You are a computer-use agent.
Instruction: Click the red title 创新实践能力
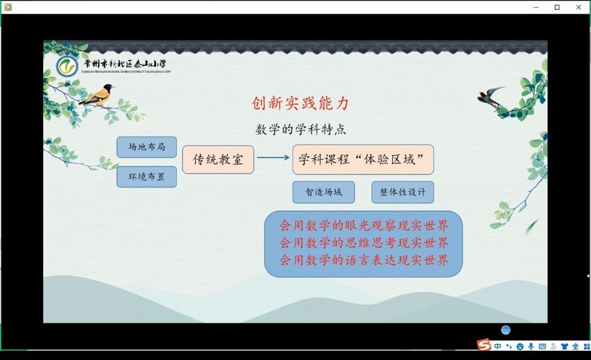[300, 103]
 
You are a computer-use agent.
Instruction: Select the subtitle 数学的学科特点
[300, 129]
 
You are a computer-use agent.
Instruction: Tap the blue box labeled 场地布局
[147, 147]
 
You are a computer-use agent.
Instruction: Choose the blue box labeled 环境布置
[147, 177]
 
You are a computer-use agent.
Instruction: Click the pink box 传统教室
[218, 160]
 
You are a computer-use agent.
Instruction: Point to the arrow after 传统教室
[273, 157]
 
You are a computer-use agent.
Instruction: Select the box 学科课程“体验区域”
[363, 159]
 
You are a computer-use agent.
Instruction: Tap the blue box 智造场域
[324, 192]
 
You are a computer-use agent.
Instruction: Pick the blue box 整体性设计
[402, 192]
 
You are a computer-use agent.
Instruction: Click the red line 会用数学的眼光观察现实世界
[364, 226]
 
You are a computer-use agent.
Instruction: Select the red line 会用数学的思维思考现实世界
[364, 243]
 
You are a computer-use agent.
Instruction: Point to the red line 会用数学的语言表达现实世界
[364, 260]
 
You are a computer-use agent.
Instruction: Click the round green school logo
[67, 67]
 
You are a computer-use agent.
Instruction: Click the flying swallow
[491, 96]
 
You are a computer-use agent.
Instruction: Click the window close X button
[578, 7]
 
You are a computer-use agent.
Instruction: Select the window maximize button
[557, 7]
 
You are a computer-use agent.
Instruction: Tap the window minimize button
[536, 7]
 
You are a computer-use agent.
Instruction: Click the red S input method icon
[484, 344]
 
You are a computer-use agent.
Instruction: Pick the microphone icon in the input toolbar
[531, 346]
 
